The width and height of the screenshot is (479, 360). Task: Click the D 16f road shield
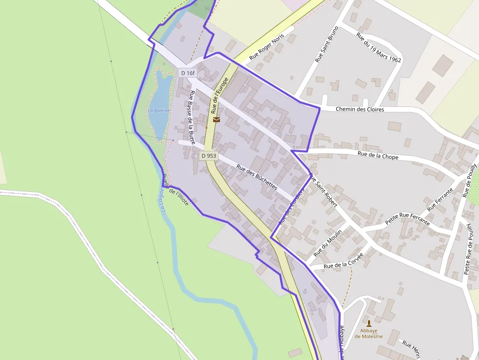click(x=188, y=73)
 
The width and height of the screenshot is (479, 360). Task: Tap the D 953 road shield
click(x=209, y=156)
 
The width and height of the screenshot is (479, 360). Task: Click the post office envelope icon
click(x=217, y=119)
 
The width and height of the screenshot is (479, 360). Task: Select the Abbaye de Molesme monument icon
click(x=369, y=323)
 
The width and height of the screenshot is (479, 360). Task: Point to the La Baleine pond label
click(x=159, y=110)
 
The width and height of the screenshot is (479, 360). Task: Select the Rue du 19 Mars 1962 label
click(x=379, y=48)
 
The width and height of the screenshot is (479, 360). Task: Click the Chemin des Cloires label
click(x=360, y=109)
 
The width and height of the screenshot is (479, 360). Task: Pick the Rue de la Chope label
click(x=378, y=156)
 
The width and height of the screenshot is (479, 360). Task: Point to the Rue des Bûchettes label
click(x=257, y=177)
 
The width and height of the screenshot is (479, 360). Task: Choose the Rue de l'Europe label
click(x=219, y=95)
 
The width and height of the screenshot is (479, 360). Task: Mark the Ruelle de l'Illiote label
click(x=175, y=190)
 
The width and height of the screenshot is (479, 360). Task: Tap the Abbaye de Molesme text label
click(x=369, y=334)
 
